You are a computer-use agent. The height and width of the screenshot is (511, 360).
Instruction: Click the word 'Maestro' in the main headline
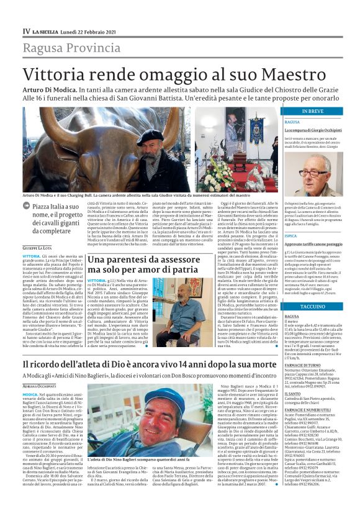click(255, 74)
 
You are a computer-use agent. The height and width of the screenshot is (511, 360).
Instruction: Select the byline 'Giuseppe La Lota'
click(38, 247)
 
